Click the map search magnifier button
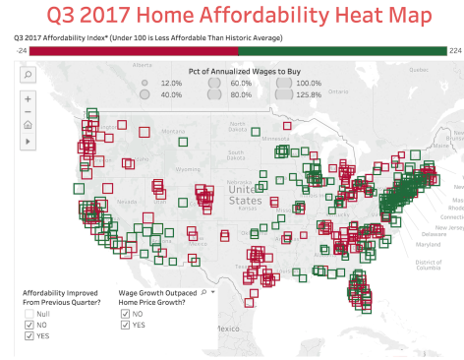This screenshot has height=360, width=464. coord(27,74)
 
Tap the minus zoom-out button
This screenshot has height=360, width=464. coord(27,111)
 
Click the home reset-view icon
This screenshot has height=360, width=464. coord(27,126)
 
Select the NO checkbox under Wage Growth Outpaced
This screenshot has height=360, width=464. coord(124,312)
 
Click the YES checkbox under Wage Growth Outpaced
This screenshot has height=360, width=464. coord(124,324)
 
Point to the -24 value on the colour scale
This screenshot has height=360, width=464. coord(19,49)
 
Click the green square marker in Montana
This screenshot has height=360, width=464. coord(184,143)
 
